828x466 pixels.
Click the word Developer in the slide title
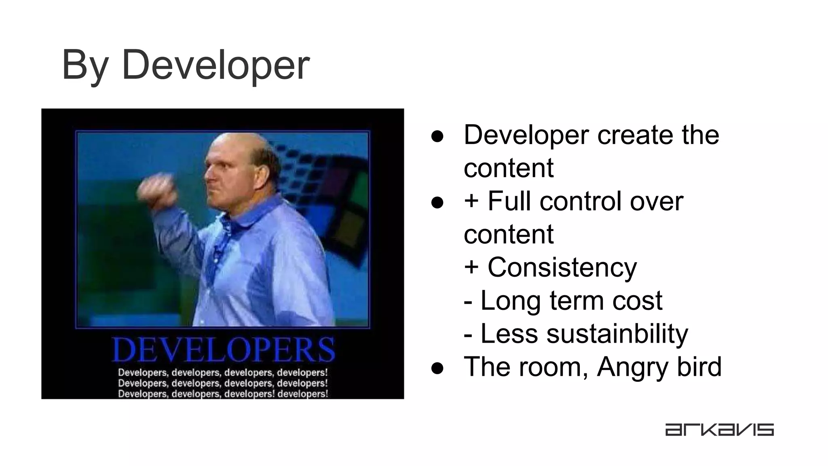tap(215, 65)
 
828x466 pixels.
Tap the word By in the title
tap(85, 65)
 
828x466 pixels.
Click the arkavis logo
tap(719, 430)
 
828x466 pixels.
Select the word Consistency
tap(562, 268)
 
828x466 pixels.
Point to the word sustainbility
tap(617, 334)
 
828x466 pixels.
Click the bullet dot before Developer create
tap(437, 136)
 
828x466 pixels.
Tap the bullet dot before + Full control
tap(437, 202)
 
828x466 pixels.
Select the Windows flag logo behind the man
tap(327, 194)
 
